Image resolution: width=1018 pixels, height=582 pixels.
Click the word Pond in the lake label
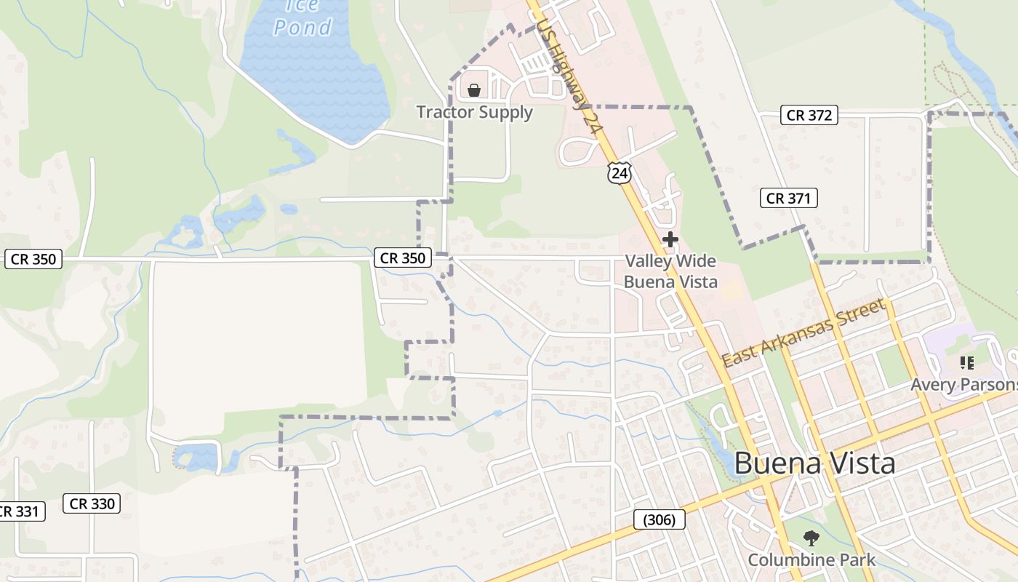(302, 28)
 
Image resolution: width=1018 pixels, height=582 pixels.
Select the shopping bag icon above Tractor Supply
(474, 90)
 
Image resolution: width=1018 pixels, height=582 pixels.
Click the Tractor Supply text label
(474, 112)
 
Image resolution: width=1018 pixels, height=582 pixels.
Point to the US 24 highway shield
(619, 173)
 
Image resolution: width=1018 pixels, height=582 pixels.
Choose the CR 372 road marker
(809, 115)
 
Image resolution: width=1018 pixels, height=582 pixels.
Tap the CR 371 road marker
(789, 198)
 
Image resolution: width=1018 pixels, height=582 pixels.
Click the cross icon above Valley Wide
(670, 239)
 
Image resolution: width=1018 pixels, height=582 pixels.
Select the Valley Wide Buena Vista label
(670, 271)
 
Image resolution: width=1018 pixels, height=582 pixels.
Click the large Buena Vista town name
(814, 463)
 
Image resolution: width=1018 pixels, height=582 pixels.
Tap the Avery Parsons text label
(963, 384)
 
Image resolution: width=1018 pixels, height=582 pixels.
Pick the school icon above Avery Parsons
(966, 362)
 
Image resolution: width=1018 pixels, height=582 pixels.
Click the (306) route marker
(660, 519)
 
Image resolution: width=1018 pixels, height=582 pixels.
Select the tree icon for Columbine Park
(811, 538)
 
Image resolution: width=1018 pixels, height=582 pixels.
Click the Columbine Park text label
(811, 560)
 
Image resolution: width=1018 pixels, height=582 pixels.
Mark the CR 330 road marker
(92, 503)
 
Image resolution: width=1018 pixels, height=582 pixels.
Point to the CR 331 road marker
(20, 511)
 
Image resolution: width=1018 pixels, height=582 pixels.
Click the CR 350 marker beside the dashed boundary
(403, 258)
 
